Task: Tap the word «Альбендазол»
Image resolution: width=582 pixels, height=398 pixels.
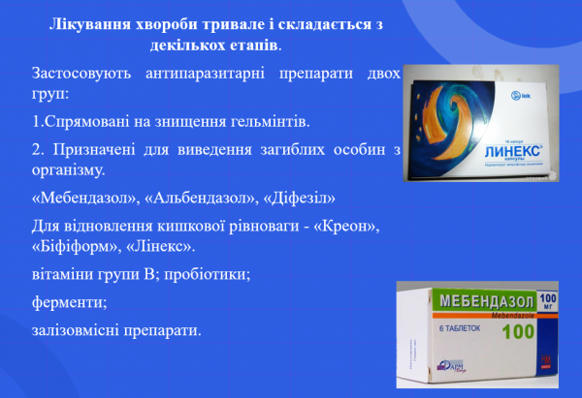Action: [x=205, y=199]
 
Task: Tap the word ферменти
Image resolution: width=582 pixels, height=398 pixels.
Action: [x=69, y=304]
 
